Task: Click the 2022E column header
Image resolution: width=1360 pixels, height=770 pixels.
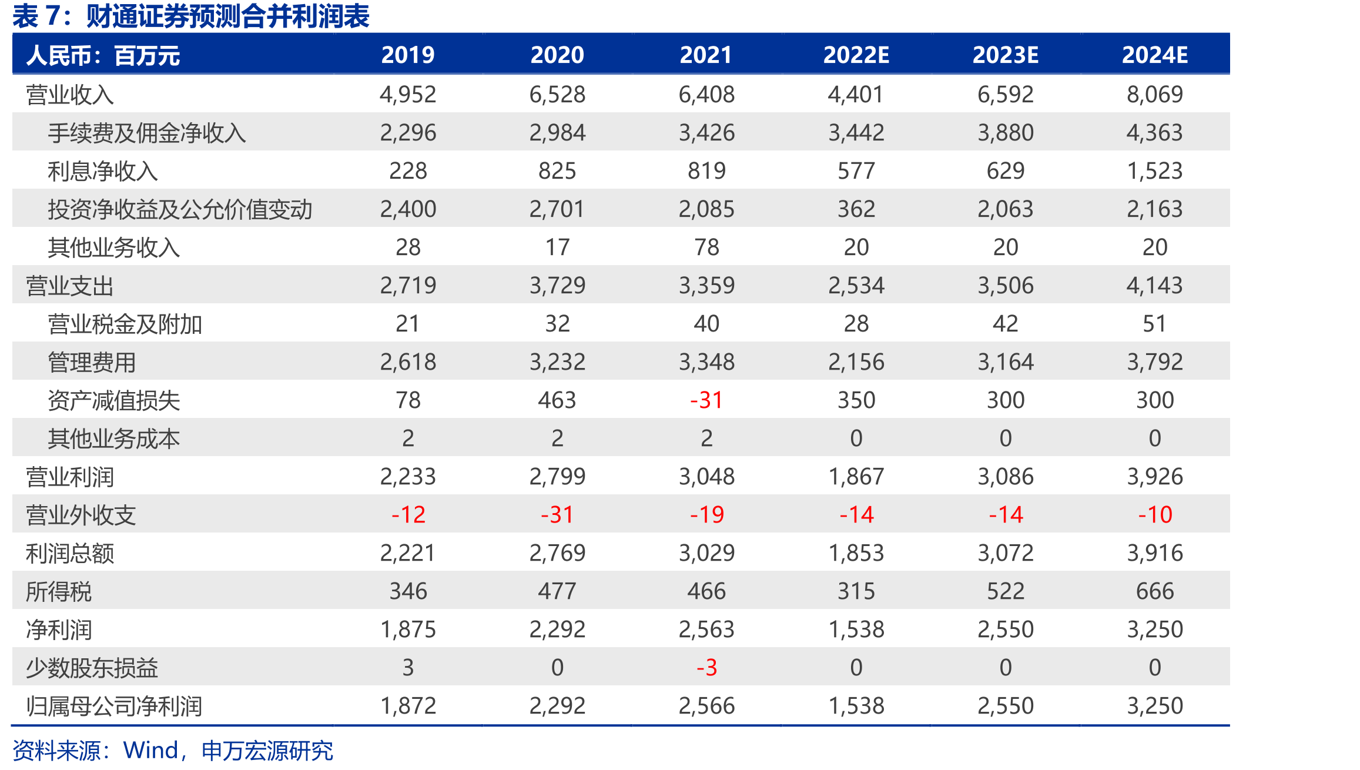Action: pos(856,55)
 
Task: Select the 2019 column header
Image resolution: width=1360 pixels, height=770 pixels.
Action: pos(408,55)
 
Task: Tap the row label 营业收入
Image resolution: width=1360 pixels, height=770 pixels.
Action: pos(69,95)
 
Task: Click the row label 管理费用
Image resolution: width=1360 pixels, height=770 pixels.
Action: pos(92,362)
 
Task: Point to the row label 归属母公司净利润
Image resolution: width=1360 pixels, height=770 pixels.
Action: pos(114,706)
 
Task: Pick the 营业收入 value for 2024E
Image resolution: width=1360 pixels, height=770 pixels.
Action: pos(1154,95)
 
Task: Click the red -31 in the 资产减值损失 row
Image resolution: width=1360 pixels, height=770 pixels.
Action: pos(706,400)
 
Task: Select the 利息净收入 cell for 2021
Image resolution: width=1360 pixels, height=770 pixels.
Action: pos(706,171)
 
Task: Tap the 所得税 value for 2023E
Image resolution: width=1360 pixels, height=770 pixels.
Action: pos(1005,591)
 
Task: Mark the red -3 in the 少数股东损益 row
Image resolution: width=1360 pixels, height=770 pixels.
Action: pos(706,668)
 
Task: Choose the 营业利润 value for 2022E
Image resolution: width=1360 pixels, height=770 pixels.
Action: pos(856,477)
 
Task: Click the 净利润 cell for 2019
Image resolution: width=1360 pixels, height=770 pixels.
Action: pos(408,630)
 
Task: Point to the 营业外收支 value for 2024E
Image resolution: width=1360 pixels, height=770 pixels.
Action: pos(1155,515)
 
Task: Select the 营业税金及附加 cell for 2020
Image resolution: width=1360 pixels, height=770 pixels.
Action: pos(557,324)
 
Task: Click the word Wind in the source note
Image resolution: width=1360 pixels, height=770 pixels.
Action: pos(150,751)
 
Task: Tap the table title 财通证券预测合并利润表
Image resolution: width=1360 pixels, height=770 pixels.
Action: pos(227,16)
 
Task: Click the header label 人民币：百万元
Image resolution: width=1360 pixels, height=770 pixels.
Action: pos(103,56)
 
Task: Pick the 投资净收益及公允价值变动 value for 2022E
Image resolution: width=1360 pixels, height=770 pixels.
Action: pos(856,209)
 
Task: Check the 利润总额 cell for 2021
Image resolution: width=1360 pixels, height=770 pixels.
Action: pos(706,553)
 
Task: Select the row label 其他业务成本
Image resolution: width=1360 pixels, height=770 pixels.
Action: pos(114,438)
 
